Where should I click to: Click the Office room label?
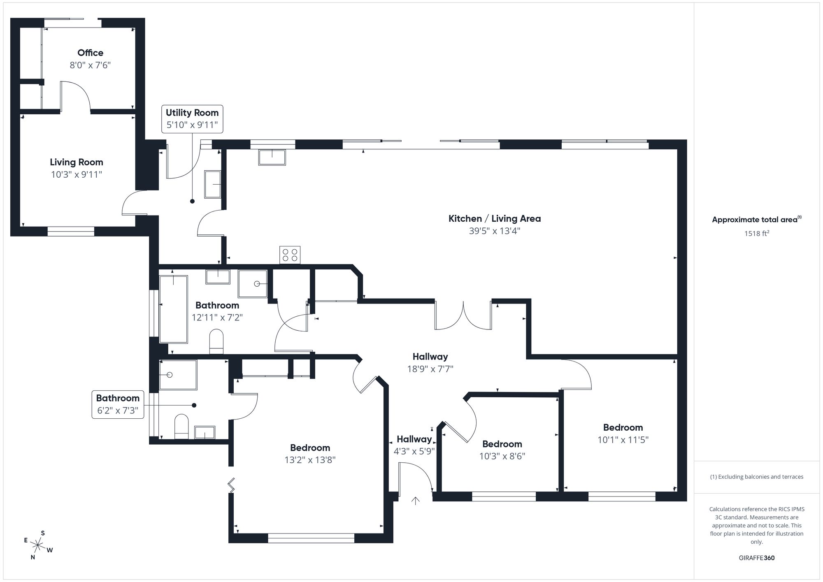[x=90, y=53]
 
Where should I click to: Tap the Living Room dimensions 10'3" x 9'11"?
[x=77, y=174]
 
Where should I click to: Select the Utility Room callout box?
[x=192, y=119]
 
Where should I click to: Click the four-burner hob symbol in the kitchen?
[x=290, y=255]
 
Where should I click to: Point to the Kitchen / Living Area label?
[x=494, y=218]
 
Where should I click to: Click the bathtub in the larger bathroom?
[x=173, y=309]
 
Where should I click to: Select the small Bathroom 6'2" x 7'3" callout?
[x=118, y=404]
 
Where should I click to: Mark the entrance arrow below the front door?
[x=416, y=501]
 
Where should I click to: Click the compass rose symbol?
[x=38, y=545]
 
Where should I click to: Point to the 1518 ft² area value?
[x=756, y=234]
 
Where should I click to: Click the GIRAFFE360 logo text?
[x=756, y=558]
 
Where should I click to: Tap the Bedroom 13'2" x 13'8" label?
[x=310, y=448]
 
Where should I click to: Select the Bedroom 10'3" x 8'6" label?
[x=502, y=444]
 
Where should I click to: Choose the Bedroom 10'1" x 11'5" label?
[x=623, y=427]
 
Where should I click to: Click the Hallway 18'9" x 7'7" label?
[x=430, y=357]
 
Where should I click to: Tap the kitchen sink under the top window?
[x=272, y=158]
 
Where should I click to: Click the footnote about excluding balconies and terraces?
[x=756, y=477]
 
